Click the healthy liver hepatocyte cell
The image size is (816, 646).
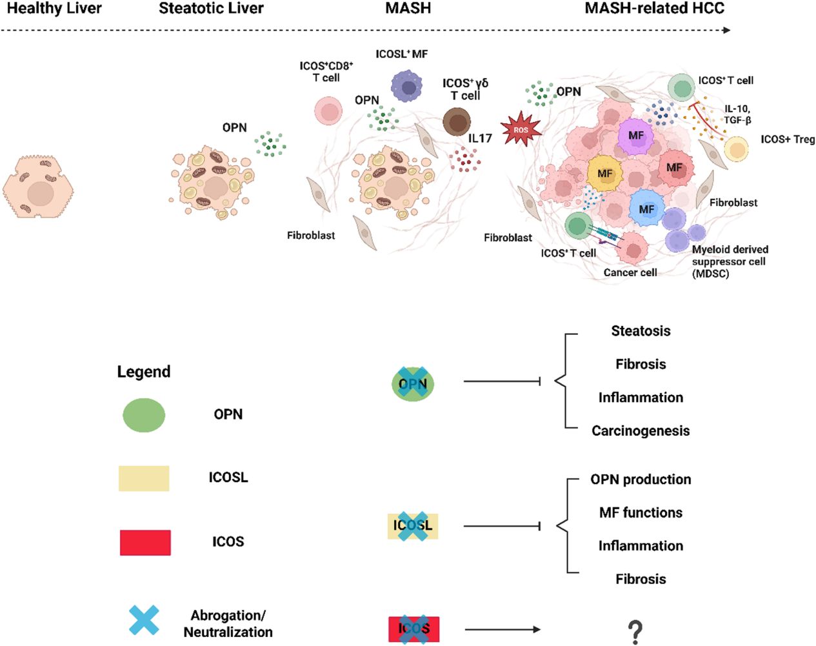[38, 187]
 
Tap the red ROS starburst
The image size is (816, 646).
[521, 130]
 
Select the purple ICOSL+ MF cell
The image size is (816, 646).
[407, 86]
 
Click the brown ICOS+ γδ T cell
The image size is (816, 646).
[457, 121]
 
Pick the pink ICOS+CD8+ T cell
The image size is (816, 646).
[328, 111]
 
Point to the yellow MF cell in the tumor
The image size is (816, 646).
[604, 173]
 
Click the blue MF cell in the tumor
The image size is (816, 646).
[646, 208]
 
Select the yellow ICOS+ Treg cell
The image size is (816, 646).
[736, 149]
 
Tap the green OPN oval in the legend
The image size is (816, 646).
[144, 415]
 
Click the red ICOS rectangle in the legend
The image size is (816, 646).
[145, 543]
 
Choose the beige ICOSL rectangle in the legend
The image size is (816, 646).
[144, 478]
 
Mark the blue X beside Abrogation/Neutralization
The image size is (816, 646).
[144, 620]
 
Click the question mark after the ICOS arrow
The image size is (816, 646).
[635, 632]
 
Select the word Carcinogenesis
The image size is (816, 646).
[641, 431]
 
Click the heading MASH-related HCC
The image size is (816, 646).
[654, 9]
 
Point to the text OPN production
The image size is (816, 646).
[641, 479]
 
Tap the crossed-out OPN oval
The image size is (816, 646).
[413, 384]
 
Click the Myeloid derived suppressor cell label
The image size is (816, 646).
[730, 261]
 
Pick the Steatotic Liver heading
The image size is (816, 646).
[211, 9]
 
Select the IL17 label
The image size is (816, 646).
[480, 138]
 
